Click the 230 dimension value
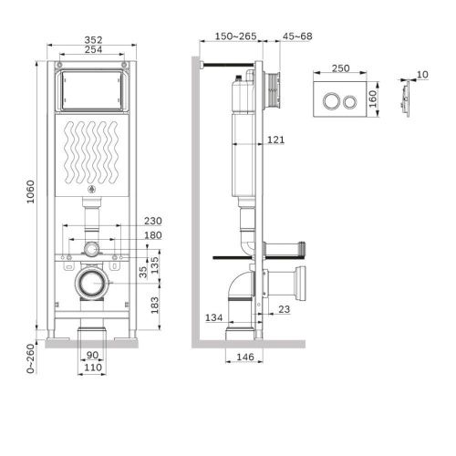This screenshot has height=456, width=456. coord(151,221)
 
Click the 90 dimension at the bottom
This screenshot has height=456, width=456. coord(91,355)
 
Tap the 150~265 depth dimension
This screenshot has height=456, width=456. coord(228,36)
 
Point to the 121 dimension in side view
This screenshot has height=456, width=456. coord(277,139)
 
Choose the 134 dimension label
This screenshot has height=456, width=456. coord(212,316)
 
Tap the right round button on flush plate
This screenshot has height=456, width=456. coord(350,99)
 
